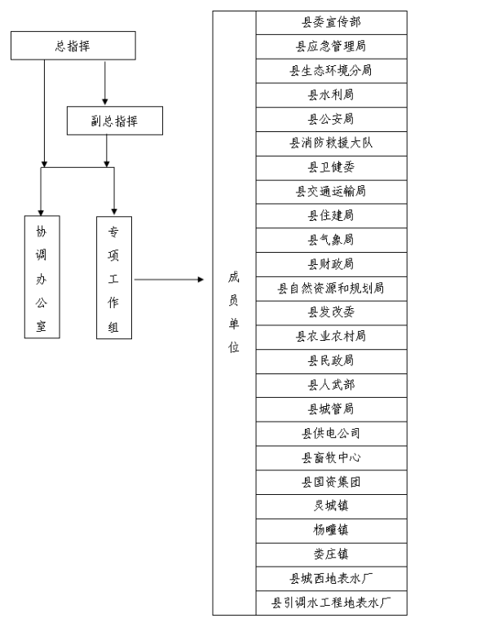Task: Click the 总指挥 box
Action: [x=73, y=46]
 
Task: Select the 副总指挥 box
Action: [x=115, y=121]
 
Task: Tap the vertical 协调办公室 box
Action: [x=42, y=277]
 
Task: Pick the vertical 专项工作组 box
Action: [x=114, y=278]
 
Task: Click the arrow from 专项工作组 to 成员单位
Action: [x=169, y=280]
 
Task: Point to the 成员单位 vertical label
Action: [x=234, y=312]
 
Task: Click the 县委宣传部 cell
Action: [x=332, y=22]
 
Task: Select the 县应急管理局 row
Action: [x=332, y=46]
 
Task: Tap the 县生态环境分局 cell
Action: [x=332, y=71]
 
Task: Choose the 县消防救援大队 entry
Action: [x=332, y=144]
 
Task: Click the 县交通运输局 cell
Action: [x=332, y=192]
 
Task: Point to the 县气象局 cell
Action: [x=332, y=241]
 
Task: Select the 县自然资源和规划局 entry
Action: [x=332, y=289]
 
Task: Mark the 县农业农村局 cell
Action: [x=332, y=337]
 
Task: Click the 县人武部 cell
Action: [x=332, y=386]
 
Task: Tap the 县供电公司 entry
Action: [x=332, y=434]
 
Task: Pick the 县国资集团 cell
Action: [x=332, y=482]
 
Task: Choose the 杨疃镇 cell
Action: [x=332, y=531]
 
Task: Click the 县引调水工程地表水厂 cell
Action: [x=332, y=603]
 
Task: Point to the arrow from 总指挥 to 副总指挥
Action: [x=105, y=83]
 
